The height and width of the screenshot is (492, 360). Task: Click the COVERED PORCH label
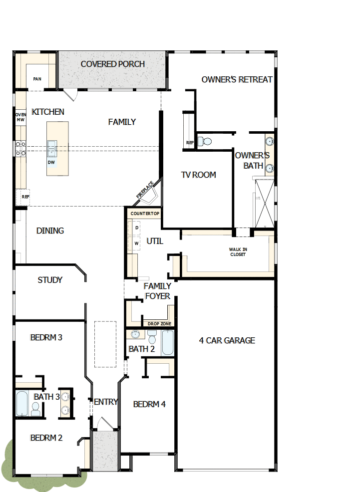[113, 64]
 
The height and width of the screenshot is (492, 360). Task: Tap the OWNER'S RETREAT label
[237, 79]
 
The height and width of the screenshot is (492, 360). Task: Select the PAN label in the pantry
[37, 79]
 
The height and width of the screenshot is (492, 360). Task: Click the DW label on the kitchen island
[51, 162]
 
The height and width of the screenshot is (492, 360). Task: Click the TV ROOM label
[198, 175]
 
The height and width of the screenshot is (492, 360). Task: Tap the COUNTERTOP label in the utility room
[144, 214]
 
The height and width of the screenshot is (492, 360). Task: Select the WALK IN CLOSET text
[238, 252]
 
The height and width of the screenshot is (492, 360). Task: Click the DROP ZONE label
[159, 324]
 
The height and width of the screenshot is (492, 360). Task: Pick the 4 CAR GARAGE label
[227, 340]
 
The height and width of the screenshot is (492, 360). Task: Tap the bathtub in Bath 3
[22, 403]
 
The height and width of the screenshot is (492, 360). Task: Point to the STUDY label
[50, 280]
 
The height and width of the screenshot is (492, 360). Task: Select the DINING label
[50, 231]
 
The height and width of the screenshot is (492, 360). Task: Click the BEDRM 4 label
[149, 404]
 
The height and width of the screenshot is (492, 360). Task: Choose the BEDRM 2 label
[46, 438]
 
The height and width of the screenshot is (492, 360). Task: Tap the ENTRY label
[105, 402]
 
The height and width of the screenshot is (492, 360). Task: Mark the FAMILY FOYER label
[157, 291]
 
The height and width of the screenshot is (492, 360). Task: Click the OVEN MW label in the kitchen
[20, 117]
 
